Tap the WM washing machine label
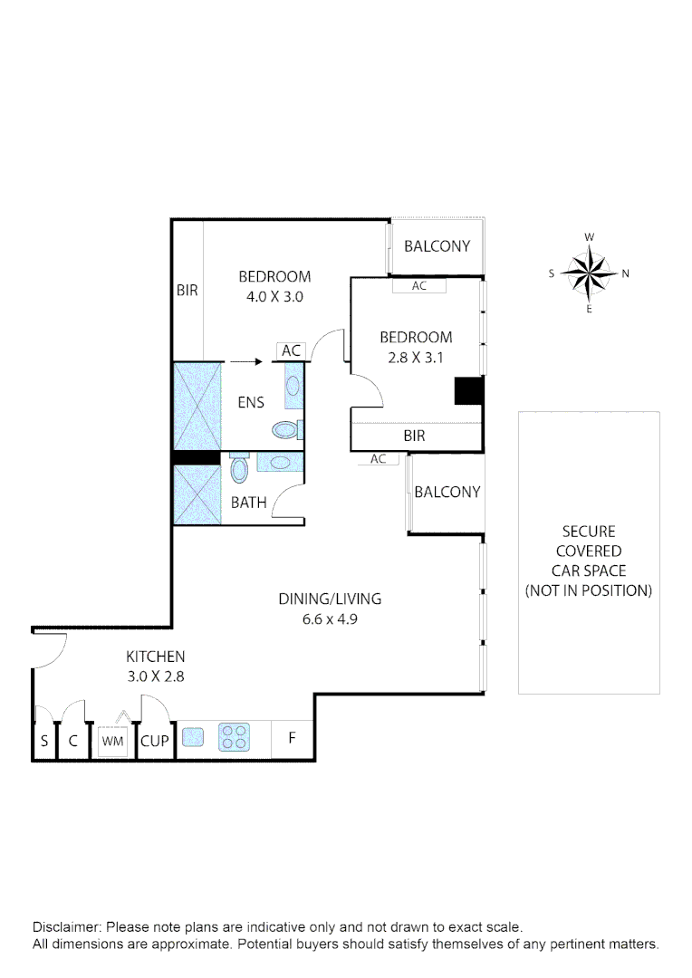[x=112, y=740]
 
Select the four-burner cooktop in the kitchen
[x=233, y=737]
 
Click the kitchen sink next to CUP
[x=192, y=737]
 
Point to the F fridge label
[x=292, y=737]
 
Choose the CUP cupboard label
[x=155, y=740]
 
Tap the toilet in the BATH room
[x=240, y=469]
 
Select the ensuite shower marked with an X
[x=197, y=405]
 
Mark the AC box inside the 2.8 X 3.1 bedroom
[x=418, y=285]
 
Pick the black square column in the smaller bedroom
[x=467, y=390]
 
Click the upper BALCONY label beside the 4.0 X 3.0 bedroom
[x=437, y=245]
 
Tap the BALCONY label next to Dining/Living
[x=447, y=492]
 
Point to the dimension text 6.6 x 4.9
[x=330, y=619]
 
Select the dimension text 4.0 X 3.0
[x=274, y=296]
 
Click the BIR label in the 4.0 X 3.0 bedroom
[x=187, y=291]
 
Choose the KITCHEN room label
[x=155, y=657]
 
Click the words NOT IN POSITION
[x=589, y=590]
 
